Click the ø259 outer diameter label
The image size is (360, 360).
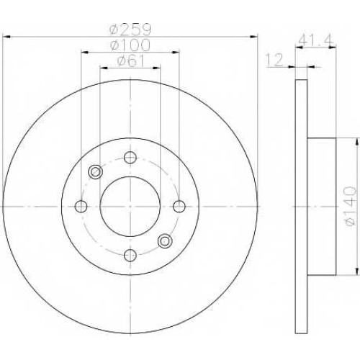(130, 30)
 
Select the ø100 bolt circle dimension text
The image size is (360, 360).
(130, 45)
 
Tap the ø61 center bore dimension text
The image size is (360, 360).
(131, 61)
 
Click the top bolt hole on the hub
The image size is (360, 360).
(130, 158)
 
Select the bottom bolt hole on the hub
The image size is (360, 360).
(130, 256)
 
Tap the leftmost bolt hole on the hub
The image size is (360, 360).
(81, 207)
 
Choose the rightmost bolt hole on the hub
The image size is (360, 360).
(179, 207)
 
